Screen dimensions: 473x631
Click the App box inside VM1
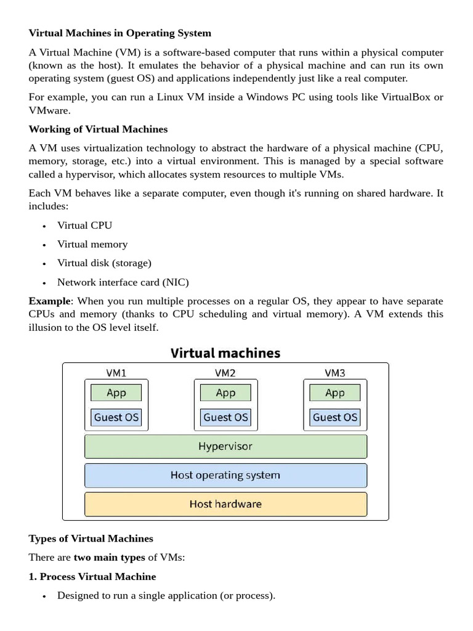(x=116, y=393)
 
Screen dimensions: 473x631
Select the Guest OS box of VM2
(x=225, y=417)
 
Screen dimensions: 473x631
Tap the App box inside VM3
(x=334, y=393)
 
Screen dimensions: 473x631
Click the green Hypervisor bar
(x=225, y=446)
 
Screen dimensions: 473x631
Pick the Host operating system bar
(x=225, y=475)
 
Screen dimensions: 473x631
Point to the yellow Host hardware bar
(x=225, y=504)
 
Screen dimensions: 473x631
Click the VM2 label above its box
(x=225, y=373)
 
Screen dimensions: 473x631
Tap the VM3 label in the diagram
(x=334, y=373)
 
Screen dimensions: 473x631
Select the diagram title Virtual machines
(x=225, y=353)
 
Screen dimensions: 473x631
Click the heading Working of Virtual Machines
(x=98, y=129)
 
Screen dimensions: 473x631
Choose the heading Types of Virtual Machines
(x=91, y=539)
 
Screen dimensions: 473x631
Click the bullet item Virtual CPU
(x=84, y=226)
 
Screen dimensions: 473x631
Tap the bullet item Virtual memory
(x=92, y=244)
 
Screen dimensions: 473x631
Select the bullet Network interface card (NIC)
(x=123, y=282)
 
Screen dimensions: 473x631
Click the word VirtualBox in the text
(x=405, y=97)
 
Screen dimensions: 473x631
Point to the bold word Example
(x=50, y=301)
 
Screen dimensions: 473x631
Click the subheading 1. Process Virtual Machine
(x=92, y=577)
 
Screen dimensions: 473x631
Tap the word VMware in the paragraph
(x=49, y=110)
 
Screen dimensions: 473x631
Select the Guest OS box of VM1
(x=116, y=417)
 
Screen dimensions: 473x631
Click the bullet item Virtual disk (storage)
(x=104, y=263)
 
